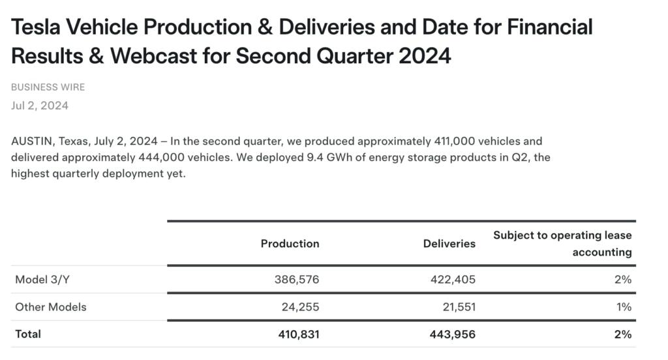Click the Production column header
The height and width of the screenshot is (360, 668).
[x=290, y=243]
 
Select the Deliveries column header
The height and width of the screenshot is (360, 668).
[x=449, y=243]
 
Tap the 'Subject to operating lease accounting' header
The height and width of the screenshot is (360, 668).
[x=562, y=243]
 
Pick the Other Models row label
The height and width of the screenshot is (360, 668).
[x=51, y=307]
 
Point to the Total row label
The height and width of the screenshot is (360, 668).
[x=28, y=334]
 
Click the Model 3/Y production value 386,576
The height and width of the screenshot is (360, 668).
[x=297, y=279]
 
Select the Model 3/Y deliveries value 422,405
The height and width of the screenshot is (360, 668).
[x=453, y=279]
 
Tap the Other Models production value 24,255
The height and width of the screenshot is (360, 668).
[x=300, y=307]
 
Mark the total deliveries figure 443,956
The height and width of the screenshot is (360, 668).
[x=452, y=334]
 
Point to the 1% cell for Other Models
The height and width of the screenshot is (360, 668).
[x=624, y=307]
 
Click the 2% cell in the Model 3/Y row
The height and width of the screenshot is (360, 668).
[x=623, y=279]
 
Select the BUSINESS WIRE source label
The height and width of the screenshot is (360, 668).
[x=48, y=87]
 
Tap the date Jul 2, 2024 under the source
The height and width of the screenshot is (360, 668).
[x=40, y=106]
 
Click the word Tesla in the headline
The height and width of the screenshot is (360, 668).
[x=40, y=27]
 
